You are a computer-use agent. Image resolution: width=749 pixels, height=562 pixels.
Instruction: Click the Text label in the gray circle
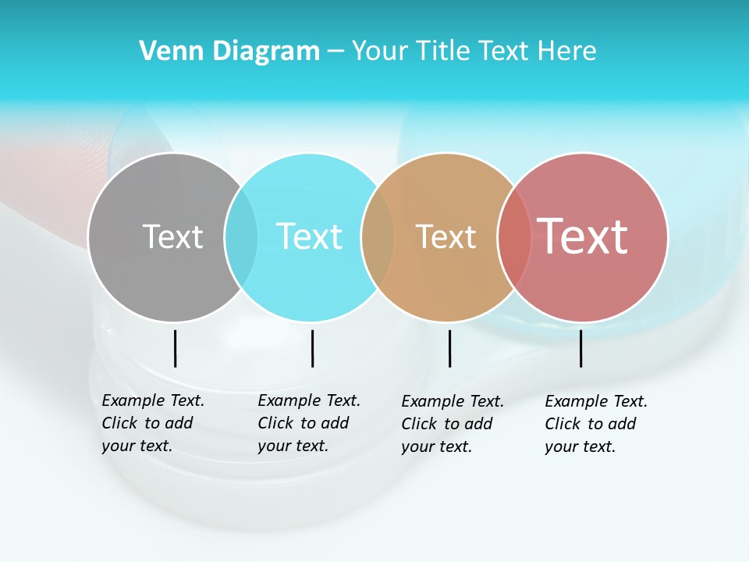(172, 237)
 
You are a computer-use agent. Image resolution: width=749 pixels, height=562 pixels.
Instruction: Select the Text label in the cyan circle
(310, 237)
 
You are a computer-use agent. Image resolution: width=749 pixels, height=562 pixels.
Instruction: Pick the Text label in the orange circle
(446, 237)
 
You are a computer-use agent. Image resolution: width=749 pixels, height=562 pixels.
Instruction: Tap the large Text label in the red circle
(583, 237)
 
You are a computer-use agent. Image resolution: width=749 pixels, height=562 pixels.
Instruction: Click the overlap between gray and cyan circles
(241, 237)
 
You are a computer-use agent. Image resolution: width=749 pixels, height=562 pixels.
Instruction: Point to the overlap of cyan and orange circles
(378, 237)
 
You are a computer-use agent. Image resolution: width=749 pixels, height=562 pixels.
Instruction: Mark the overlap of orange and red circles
(514, 237)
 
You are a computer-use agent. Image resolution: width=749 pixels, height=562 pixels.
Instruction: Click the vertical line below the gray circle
(176, 348)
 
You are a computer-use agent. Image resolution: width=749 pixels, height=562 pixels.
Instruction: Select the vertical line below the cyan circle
(312, 348)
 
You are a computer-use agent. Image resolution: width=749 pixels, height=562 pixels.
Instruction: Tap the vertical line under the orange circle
(449, 348)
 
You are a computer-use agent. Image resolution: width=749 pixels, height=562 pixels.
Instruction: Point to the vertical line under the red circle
(580, 348)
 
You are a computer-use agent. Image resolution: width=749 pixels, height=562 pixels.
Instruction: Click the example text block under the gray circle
(152, 423)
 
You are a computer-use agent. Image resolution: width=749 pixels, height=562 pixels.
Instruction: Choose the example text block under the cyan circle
(308, 423)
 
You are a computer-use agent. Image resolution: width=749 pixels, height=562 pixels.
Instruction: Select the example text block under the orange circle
(452, 424)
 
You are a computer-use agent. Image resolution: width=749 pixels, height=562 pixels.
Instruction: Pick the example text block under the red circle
(595, 424)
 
